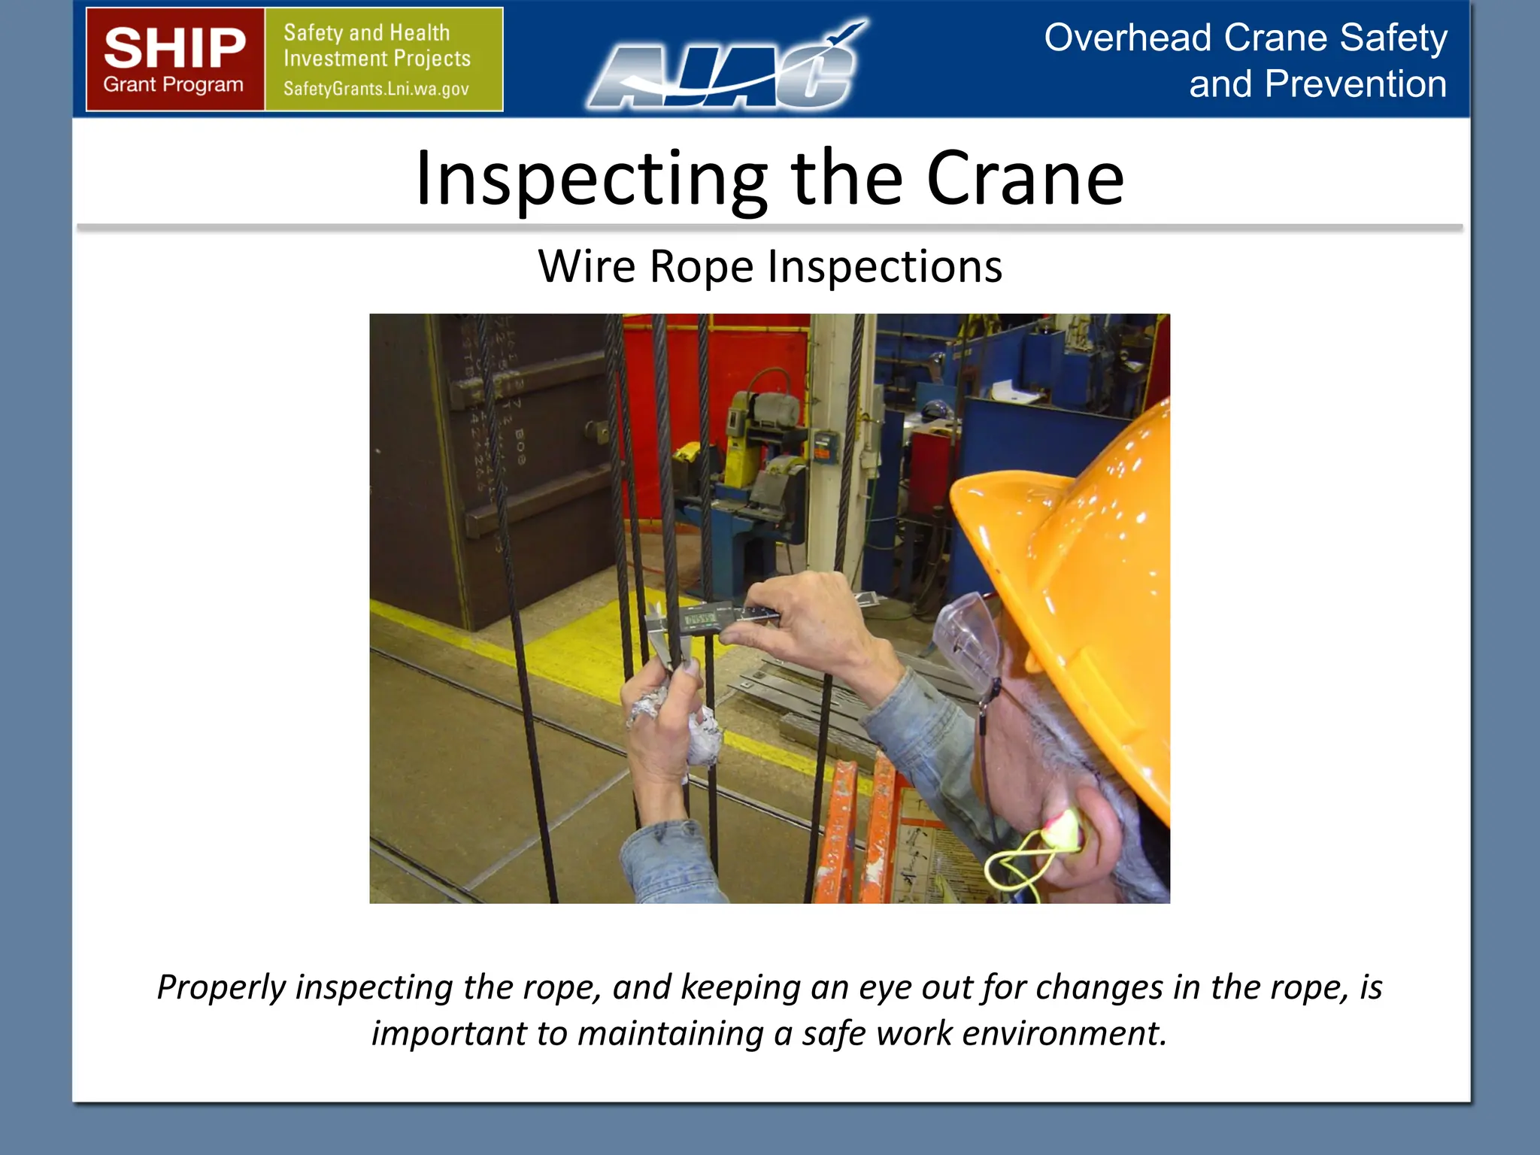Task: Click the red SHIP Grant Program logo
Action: coord(174,59)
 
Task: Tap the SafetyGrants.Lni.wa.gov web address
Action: coord(376,89)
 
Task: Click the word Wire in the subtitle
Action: coord(587,266)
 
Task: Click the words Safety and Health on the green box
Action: coord(366,33)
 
